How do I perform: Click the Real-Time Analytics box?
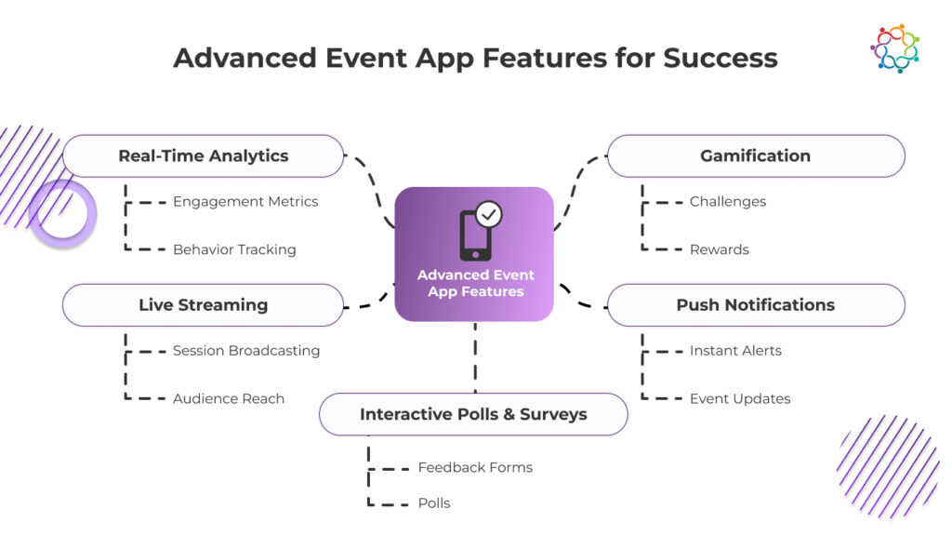203,156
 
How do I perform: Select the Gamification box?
755,156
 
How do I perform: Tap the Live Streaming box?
203,305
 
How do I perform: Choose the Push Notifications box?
755,305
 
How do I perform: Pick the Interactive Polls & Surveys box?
473,415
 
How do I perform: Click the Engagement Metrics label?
245,202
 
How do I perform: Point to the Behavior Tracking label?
234,249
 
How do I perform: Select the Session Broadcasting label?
246,351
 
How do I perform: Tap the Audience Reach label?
229,398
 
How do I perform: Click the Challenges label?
728,202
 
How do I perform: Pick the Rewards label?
719,249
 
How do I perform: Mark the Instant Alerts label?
735,351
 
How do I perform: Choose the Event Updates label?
740,398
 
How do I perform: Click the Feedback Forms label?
475,467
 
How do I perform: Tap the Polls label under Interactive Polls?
434,503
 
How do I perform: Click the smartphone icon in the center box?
474,236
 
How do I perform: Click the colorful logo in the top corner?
894,48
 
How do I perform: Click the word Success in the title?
721,58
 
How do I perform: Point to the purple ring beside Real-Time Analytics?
62,214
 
